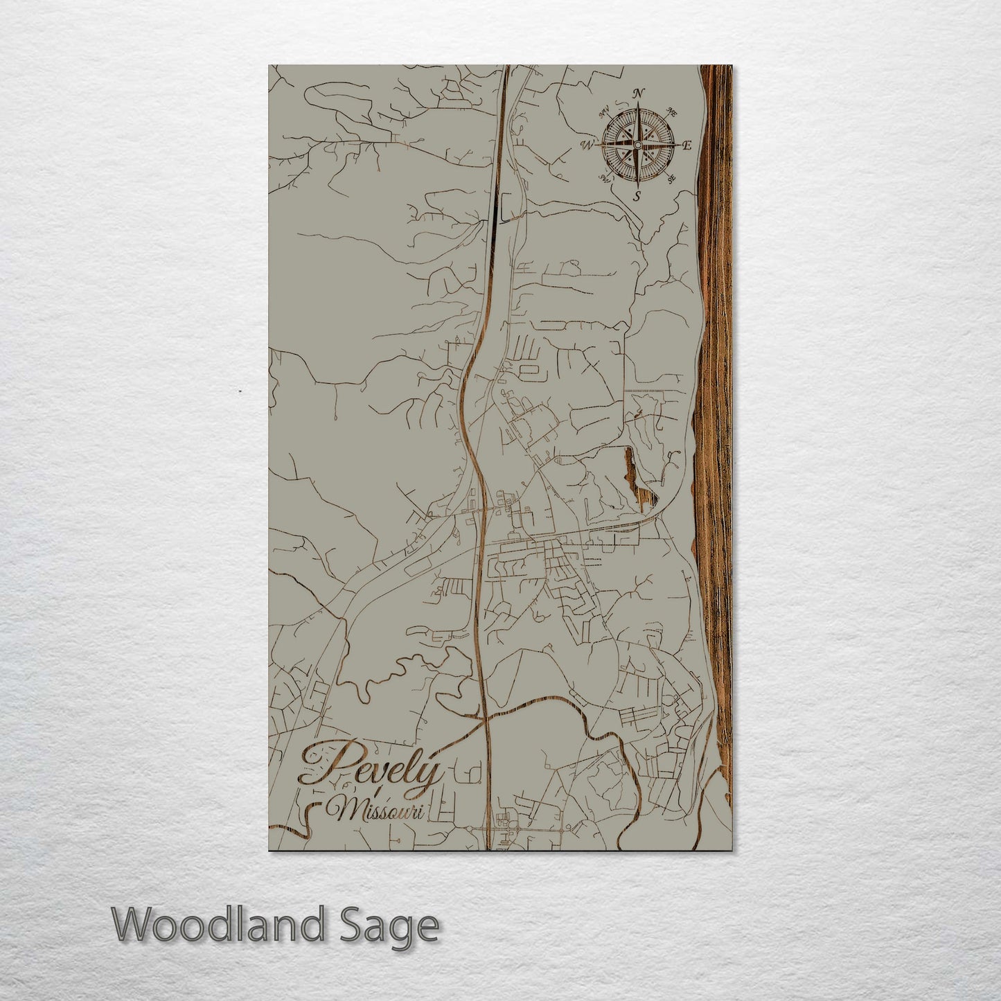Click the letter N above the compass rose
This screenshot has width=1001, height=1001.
pos(639,94)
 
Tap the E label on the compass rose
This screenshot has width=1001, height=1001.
pos(686,145)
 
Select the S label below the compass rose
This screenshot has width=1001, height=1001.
pos(637,195)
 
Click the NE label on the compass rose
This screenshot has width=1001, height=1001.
pos(671,112)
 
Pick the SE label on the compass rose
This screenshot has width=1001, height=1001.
pos(671,179)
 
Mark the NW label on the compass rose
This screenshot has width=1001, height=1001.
pos(604,111)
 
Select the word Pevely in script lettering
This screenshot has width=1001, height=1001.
pos(371,765)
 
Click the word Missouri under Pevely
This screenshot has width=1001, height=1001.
pos(378,809)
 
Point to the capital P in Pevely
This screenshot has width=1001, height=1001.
pos(326,762)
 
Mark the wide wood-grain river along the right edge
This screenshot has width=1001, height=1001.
pos(714,416)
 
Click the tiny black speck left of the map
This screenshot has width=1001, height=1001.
pos(240,391)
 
